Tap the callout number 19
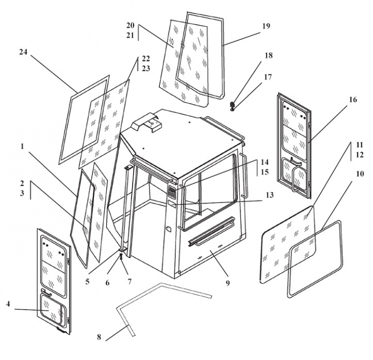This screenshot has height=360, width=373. [267, 26]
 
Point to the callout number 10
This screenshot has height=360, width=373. [359, 174]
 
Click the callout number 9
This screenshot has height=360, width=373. [228, 282]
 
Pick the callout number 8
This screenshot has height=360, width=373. [99, 337]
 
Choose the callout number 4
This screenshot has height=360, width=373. [8, 304]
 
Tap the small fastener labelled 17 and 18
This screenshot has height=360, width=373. [232, 105]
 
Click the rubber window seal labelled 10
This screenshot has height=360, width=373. [316, 259]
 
